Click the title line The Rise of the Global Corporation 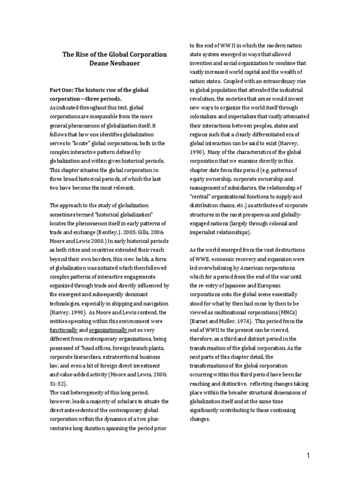115,54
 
